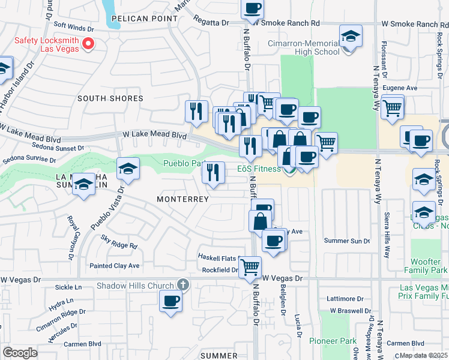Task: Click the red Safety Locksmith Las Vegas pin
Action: click(x=88, y=43)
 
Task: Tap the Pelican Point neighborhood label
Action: click(x=144, y=19)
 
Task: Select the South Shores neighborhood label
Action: click(x=110, y=98)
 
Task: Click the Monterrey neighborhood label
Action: click(x=182, y=199)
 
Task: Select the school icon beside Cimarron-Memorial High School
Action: click(x=350, y=35)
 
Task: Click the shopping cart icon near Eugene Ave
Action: click(x=393, y=108)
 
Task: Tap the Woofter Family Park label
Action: click(x=430, y=266)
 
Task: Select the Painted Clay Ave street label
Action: click(x=114, y=266)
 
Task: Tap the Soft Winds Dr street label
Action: click(x=74, y=27)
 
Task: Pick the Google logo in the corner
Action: click(x=20, y=353)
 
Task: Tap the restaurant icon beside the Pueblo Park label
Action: click(x=214, y=172)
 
